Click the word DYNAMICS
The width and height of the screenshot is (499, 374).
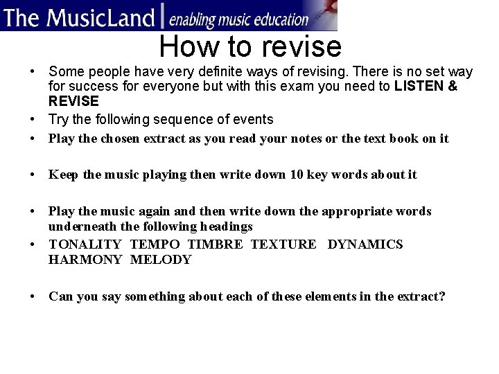(365, 244)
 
